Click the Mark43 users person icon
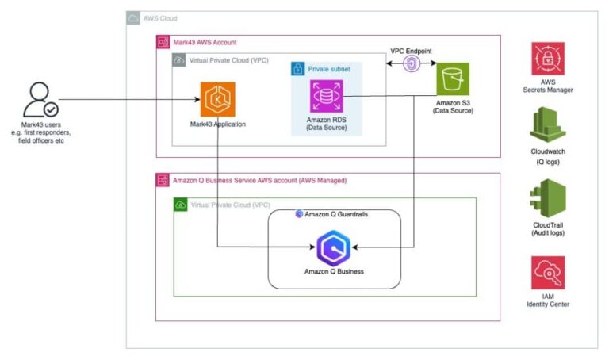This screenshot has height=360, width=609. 38,99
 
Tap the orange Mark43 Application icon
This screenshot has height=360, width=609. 216,100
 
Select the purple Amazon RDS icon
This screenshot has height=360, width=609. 326,95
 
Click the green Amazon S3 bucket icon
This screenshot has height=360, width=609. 453,79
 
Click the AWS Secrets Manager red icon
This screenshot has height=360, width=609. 548,61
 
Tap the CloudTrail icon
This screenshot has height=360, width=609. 548,197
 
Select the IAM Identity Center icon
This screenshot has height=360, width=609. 548,272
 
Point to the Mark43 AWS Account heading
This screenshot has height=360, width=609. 205,41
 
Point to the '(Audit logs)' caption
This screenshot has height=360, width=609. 548,233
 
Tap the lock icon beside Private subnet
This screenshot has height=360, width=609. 298,69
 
